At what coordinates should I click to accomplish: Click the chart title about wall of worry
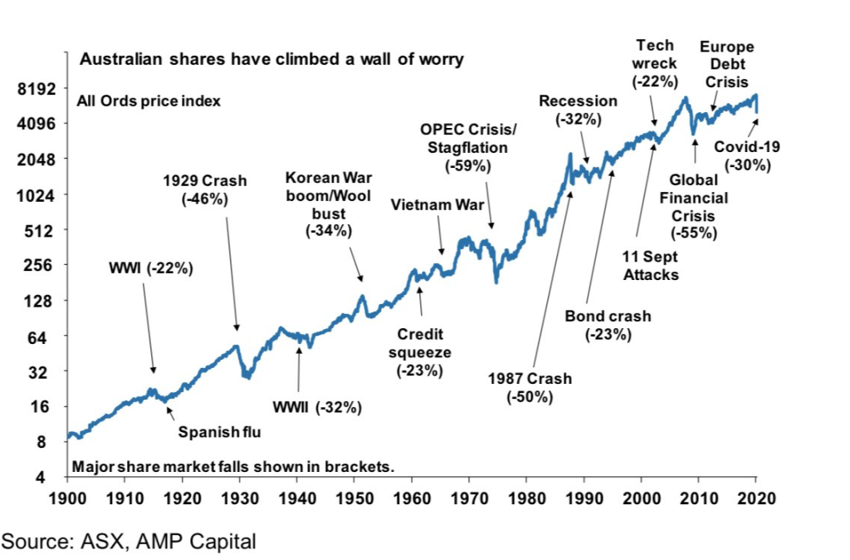[271, 60]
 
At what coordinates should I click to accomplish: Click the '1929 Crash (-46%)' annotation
[204, 189]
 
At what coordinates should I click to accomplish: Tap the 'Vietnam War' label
[431, 204]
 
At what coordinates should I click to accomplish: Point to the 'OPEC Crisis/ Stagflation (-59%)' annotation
[468, 148]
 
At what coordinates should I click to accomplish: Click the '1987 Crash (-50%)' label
[530, 387]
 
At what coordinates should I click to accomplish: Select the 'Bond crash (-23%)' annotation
[608, 325]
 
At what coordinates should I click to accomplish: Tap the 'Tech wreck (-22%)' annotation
[655, 63]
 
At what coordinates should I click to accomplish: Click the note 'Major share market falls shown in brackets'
[233, 467]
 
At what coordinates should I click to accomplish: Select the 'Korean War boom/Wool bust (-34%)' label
[329, 204]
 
